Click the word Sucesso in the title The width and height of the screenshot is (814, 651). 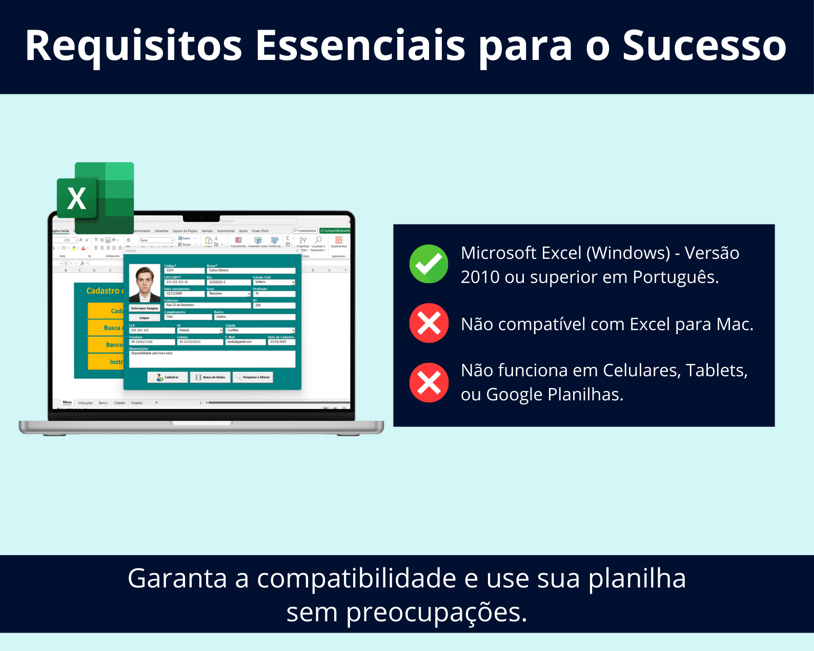pyautogui.click(x=704, y=46)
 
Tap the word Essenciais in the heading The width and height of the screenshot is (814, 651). pyautogui.click(x=360, y=46)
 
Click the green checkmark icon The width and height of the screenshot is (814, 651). pyautogui.click(x=429, y=264)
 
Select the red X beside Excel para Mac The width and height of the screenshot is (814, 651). pyautogui.click(x=429, y=323)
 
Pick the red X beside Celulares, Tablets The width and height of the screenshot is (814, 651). pyautogui.click(x=429, y=382)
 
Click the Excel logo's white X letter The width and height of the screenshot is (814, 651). pyautogui.click(x=77, y=198)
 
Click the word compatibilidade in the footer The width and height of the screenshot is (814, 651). pyautogui.click(x=356, y=579)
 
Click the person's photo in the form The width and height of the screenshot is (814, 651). pyautogui.click(x=145, y=282)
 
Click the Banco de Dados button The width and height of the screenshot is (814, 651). pyautogui.click(x=211, y=377)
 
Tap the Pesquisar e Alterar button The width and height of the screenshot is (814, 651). pyautogui.click(x=253, y=377)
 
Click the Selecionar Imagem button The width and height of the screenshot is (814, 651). pyautogui.click(x=145, y=309)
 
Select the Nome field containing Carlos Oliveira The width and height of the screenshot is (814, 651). pyautogui.click(x=251, y=270)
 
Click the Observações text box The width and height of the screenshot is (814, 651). pyautogui.click(x=212, y=359)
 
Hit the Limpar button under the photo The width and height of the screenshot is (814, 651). pyautogui.click(x=145, y=318)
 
